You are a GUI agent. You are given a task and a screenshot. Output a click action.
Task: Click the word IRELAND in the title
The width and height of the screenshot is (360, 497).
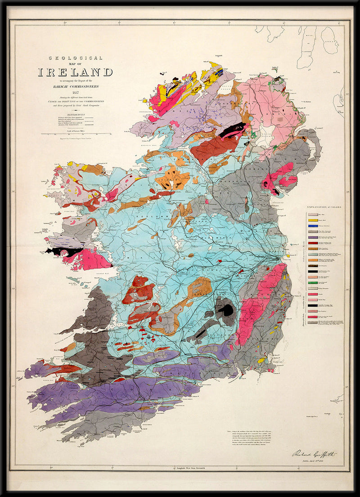75,72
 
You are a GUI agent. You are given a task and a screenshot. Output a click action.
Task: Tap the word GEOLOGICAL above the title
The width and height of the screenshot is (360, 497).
76,58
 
